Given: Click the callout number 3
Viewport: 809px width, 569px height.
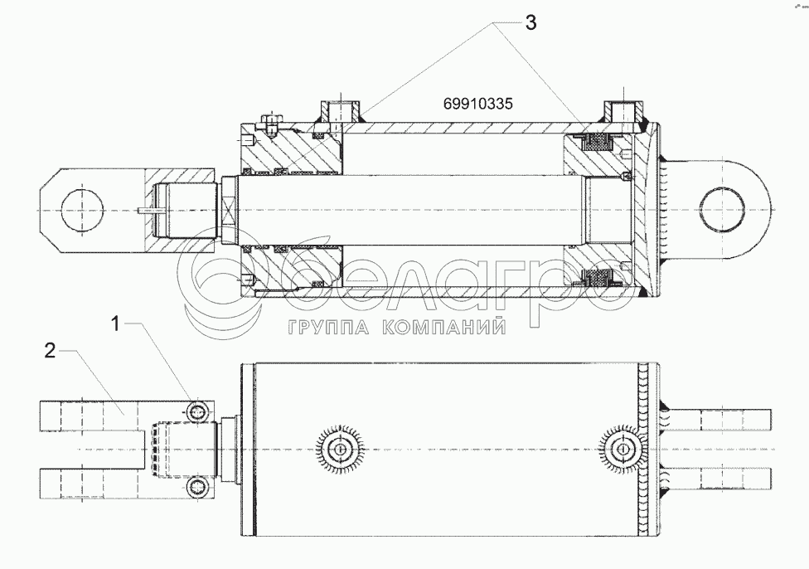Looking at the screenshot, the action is click(x=530, y=23).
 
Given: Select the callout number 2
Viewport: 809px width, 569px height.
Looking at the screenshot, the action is click(x=50, y=351).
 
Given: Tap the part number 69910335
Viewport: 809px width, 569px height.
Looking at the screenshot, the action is click(x=477, y=105).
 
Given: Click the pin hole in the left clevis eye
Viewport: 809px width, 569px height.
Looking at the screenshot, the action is click(x=84, y=208).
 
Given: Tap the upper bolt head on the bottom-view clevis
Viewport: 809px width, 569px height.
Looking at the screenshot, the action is click(x=197, y=412).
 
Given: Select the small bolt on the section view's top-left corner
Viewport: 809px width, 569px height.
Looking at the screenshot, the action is click(x=271, y=126).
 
